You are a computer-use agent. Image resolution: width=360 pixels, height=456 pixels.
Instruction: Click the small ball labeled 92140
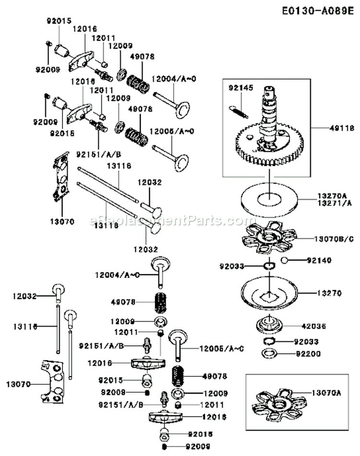(x=284, y=261)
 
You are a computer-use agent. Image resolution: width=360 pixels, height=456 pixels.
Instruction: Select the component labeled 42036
(x=270, y=325)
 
